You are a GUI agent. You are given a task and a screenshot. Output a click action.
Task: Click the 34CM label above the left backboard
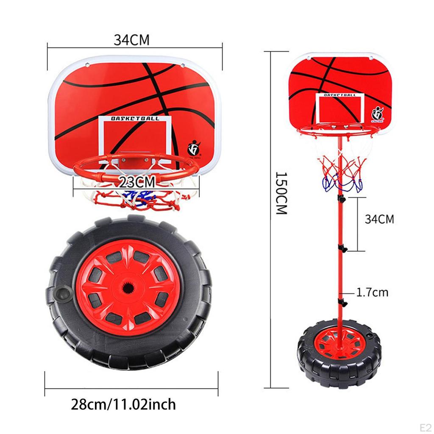click(131, 39)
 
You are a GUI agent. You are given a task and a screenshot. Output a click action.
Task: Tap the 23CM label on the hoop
click(136, 183)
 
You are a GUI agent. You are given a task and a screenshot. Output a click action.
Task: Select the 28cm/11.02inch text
click(123, 404)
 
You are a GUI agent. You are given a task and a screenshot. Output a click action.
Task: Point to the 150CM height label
click(281, 193)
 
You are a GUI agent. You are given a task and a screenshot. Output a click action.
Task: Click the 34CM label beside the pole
click(379, 219)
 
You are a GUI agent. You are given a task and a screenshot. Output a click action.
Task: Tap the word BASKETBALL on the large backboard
click(135, 119)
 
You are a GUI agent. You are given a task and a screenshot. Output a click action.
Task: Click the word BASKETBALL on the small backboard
click(339, 95)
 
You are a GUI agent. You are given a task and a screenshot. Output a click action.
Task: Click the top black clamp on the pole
click(340, 198)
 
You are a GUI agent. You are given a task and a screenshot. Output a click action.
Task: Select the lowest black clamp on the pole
click(342, 302)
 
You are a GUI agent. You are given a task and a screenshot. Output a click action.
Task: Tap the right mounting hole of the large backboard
click(185, 64)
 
